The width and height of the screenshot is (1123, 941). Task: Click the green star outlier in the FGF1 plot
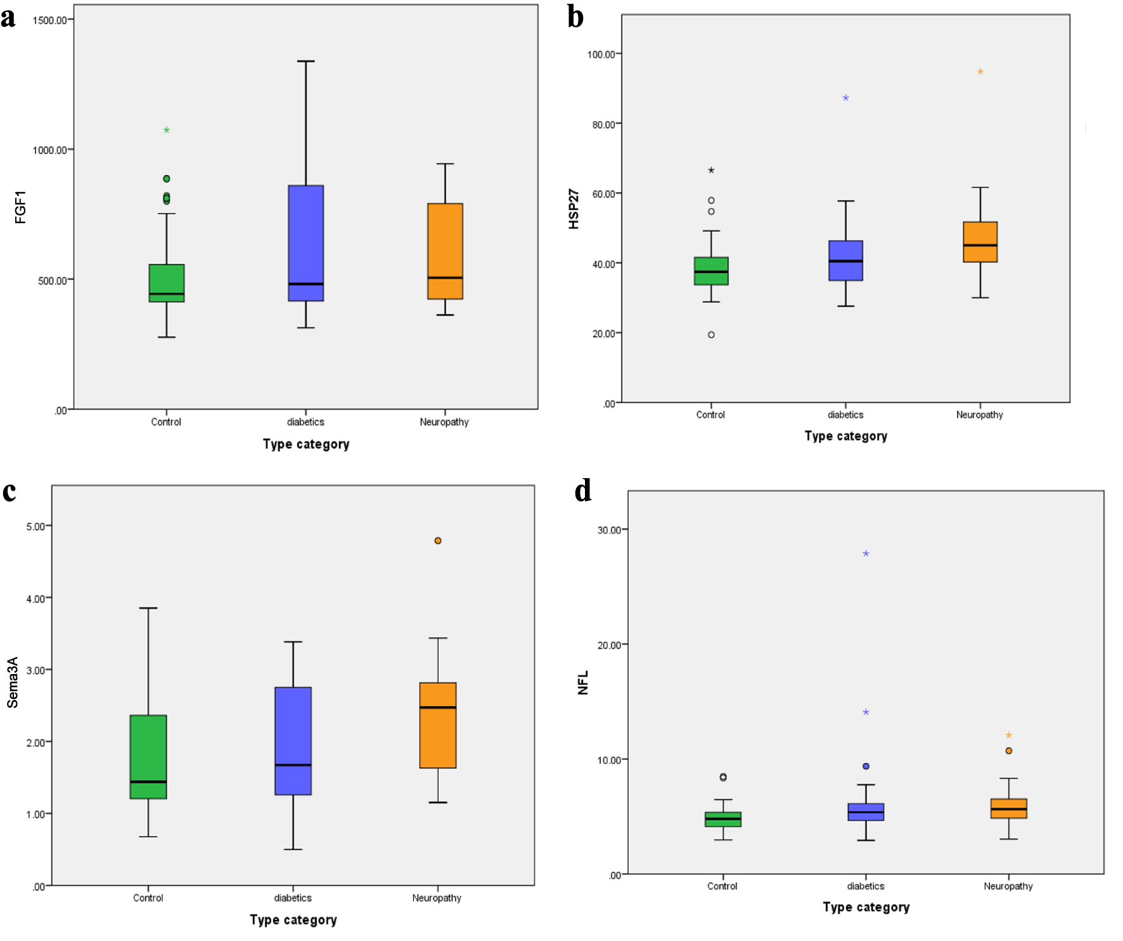(x=167, y=130)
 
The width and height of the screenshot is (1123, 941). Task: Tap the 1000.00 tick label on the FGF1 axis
(x=49, y=150)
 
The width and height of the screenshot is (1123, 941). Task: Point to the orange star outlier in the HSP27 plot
(x=980, y=72)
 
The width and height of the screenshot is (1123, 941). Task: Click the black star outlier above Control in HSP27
(x=711, y=171)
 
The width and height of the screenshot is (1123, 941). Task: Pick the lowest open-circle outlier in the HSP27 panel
(x=711, y=335)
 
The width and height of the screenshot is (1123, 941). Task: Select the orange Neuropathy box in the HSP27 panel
(x=980, y=242)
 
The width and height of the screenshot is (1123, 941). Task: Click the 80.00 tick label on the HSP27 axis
(x=603, y=125)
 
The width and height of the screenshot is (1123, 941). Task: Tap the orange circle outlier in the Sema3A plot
(x=438, y=541)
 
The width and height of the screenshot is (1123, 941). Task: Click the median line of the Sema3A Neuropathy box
(x=438, y=707)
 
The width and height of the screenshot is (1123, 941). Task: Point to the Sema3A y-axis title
(x=13, y=682)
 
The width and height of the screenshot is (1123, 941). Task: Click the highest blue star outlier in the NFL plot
(x=866, y=554)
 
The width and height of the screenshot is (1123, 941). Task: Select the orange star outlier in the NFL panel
(x=1008, y=736)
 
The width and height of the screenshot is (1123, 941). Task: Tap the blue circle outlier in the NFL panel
(x=866, y=767)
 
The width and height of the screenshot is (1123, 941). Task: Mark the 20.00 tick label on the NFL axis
(x=608, y=646)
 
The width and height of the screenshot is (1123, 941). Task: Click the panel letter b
(x=575, y=18)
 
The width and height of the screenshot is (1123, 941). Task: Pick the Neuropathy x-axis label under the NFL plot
(x=1008, y=886)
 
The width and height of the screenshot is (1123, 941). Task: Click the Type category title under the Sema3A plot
(x=293, y=920)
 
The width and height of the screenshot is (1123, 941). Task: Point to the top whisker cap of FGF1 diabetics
(x=306, y=62)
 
